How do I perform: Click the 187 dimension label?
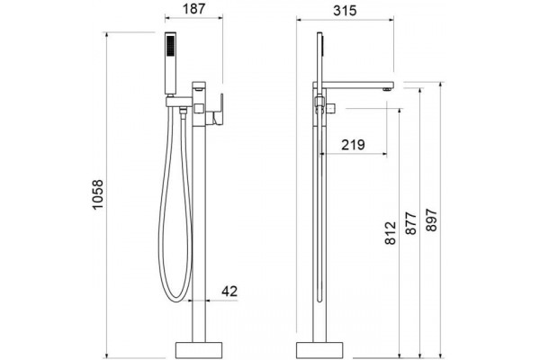tap(193, 8)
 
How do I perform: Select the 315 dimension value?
tap(345, 11)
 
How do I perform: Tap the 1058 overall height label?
tap(98, 194)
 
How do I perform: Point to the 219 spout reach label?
tap(353, 145)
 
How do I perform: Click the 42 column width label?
tap(229, 292)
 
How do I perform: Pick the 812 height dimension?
tap(391, 233)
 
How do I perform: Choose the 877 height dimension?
tap(411, 223)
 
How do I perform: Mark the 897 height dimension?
tap(431, 220)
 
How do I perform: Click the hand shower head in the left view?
tap(171, 63)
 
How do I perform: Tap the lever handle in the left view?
tap(219, 109)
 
